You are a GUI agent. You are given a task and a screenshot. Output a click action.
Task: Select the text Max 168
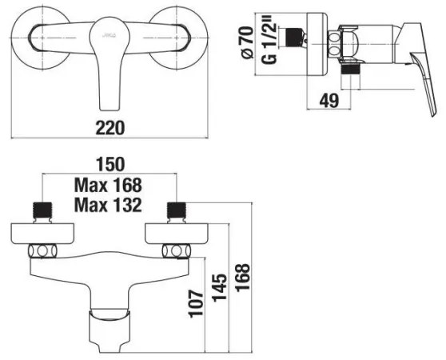pyautogui.click(x=108, y=185)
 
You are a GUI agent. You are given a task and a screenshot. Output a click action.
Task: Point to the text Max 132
pyautogui.click(x=108, y=205)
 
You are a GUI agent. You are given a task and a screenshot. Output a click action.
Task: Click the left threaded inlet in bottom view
pyautogui.click(x=42, y=211)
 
